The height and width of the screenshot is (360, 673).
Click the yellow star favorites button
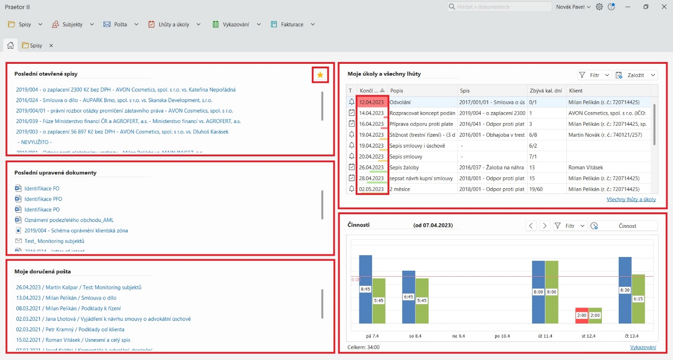click(320, 75)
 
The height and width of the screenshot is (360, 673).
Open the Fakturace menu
click(292, 24)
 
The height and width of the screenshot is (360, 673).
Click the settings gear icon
click(599, 7)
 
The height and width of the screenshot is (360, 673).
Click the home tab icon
click(10, 45)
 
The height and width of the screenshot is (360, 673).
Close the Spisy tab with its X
click(51, 46)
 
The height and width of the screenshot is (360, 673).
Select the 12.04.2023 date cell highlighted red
click(372, 102)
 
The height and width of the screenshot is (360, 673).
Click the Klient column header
click(576, 91)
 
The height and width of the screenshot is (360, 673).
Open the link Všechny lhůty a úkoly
click(631, 199)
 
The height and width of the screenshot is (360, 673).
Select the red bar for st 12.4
click(582, 315)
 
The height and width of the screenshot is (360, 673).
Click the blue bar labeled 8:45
click(365, 289)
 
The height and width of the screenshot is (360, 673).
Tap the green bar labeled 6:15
click(638, 298)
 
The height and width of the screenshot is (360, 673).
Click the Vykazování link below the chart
click(643, 347)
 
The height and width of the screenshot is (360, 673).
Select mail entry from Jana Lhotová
click(103, 319)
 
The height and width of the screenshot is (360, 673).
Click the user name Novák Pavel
click(573, 7)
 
